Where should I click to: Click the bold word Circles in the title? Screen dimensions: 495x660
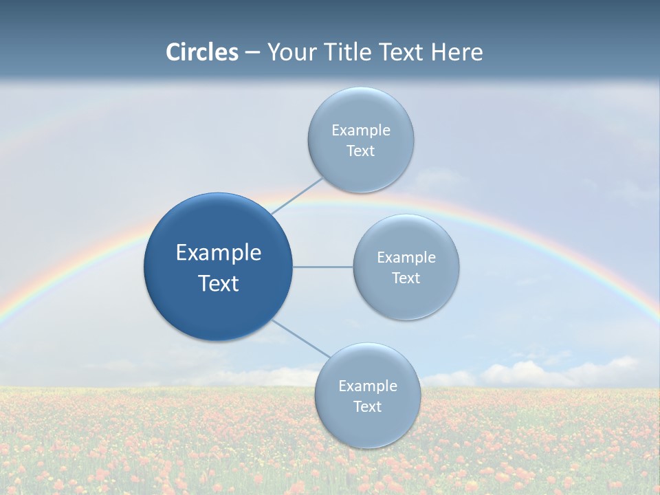(202, 52)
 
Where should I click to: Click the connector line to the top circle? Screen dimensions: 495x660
(297, 196)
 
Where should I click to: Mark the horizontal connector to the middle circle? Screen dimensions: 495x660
(323, 267)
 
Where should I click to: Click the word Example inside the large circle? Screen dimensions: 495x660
(219, 252)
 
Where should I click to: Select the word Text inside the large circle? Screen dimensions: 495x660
(219, 283)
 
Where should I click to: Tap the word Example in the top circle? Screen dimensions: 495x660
(361, 130)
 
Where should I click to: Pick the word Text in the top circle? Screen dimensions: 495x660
(360, 151)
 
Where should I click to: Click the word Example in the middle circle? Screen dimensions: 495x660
(406, 257)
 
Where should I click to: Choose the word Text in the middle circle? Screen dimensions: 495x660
(406, 278)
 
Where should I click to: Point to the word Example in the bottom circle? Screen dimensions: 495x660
(368, 386)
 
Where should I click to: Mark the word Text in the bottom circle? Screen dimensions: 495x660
(367, 406)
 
